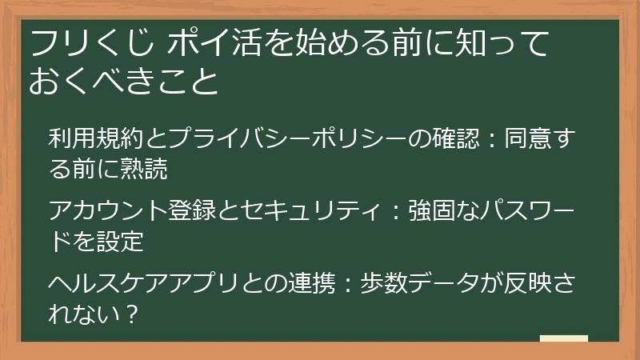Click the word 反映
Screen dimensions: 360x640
[529, 286]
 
